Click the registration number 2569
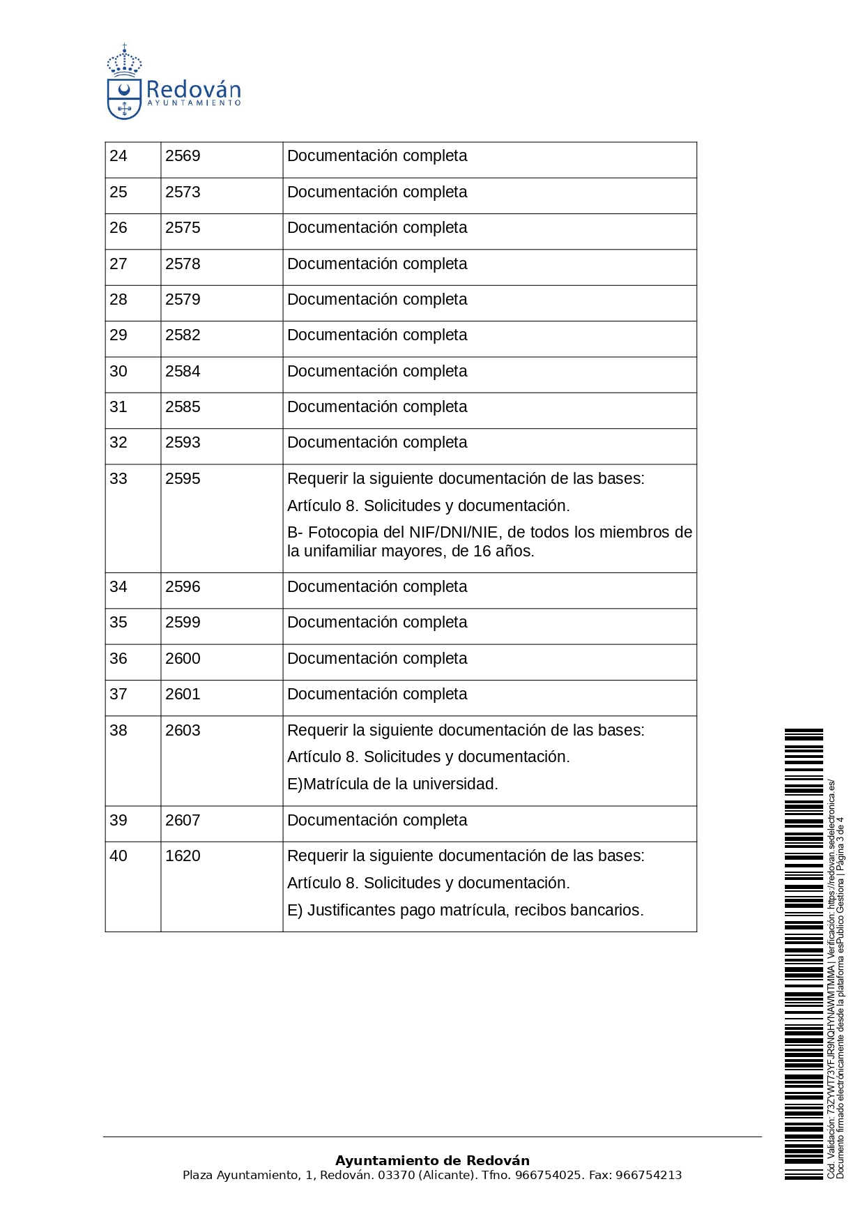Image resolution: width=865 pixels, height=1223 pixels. pos(183,156)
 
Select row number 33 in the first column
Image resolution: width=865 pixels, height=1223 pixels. pos(118,479)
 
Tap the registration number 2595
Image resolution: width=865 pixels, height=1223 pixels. pos(183,479)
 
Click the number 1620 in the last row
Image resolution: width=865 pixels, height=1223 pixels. pos(183,856)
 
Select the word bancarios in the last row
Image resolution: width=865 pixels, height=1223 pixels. pos(609,911)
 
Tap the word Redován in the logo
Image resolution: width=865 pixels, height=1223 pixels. pos(193,90)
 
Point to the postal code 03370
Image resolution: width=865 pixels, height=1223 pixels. pos(396,1176)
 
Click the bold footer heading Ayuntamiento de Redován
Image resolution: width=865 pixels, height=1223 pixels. pos(432,1161)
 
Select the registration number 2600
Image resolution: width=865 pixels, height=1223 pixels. pos(183,659)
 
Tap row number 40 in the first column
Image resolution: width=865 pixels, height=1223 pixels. pos(118,856)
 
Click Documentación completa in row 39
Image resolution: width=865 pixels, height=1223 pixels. pos(377,821)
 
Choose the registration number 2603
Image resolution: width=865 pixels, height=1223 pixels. pos(183,731)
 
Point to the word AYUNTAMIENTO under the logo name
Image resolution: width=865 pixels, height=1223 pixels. pos(194,103)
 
